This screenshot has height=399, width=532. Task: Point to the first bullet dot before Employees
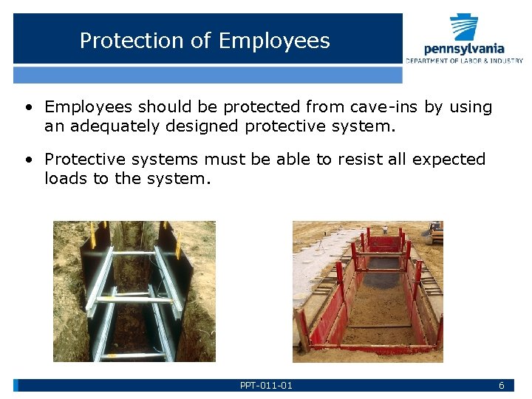coord(27,108)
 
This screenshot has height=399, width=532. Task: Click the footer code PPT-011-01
coord(266,386)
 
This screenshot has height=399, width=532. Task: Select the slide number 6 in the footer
coord(501,386)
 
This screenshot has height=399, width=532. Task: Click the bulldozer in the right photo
coord(435,233)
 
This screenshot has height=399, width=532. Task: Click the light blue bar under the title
coord(208,75)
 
